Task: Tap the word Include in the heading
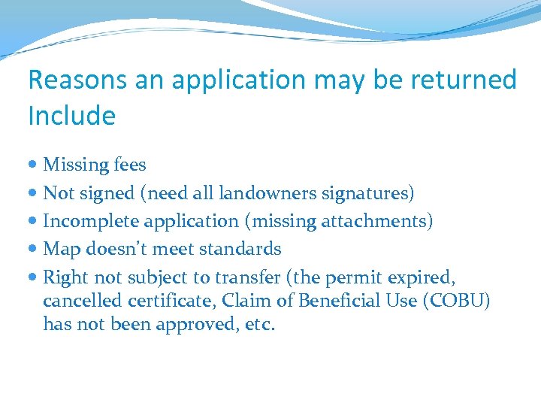click(x=71, y=116)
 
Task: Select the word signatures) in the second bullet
click(x=367, y=193)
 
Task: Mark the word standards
click(x=244, y=249)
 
